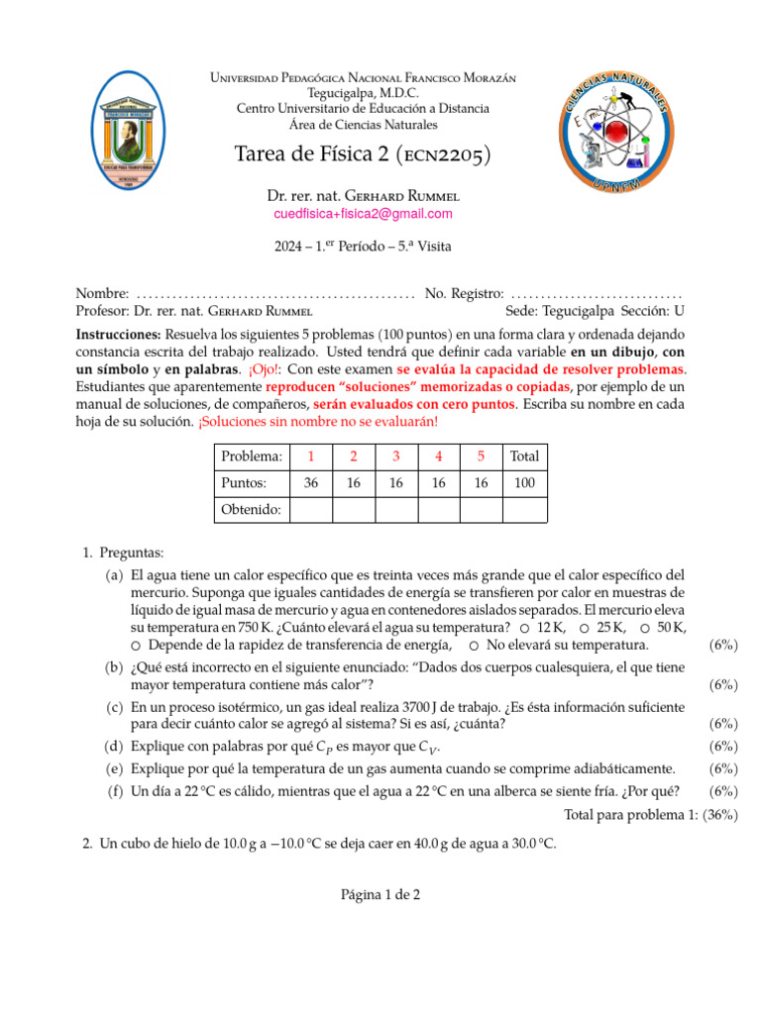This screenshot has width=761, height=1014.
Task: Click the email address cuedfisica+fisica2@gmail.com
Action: pyautogui.click(x=363, y=214)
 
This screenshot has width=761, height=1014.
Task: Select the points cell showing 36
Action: pyautogui.click(x=310, y=483)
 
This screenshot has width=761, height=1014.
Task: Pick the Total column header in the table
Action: pyautogui.click(x=524, y=456)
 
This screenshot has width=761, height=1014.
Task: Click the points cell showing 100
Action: pyautogui.click(x=524, y=483)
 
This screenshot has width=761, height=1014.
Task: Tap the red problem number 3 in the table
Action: pyautogui.click(x=395, y=456)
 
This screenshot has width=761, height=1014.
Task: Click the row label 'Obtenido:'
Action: pyautogui.click(x=250, y=509)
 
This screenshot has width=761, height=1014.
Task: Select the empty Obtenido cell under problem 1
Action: pyautogui.click(x=310, y=509)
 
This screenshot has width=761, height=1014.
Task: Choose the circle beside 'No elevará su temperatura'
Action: pyautogui.click(x=475, y=646)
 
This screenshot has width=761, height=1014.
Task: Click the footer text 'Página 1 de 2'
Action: pyautogui.click(x=381, y=894)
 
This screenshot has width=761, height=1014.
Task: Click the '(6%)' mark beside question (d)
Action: pyautogui.click(x=724, y=747)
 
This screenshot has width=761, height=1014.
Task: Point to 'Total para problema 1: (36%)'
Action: pyautogui.click(x=651, y=814)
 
